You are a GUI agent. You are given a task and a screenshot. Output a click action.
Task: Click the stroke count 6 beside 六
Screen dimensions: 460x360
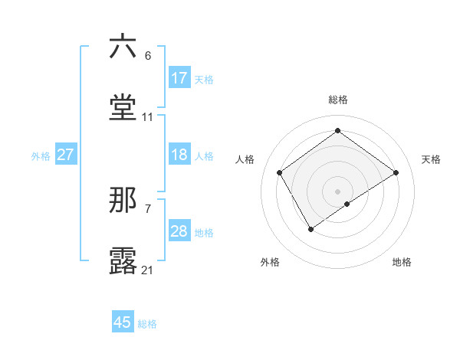pos(148,56)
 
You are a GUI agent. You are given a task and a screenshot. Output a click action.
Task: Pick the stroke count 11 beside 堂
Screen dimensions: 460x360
pos(148,117)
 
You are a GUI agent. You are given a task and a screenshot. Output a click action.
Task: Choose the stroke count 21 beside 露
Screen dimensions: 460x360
pos(148,270)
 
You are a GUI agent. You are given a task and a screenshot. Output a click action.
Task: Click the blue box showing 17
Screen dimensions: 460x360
pos(179,78)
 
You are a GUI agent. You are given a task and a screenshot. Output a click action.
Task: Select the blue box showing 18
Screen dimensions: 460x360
pos(179,155)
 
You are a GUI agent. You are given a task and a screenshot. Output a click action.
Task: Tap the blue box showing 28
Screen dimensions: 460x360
pos(179,231)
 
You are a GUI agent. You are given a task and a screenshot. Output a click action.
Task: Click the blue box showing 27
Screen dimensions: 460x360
pos(66,155)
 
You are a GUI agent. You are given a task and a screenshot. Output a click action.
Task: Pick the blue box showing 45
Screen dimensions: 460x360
pos(123,322)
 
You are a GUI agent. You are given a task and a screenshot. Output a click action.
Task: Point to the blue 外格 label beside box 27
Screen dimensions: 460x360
pos(41,156)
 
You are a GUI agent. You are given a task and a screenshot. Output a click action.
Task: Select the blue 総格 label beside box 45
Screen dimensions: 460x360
pos(147,324)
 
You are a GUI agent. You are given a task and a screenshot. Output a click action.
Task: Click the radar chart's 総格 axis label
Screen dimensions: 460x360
pos(338,100)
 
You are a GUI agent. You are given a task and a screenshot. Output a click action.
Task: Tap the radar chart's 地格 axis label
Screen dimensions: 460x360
pos(402,262)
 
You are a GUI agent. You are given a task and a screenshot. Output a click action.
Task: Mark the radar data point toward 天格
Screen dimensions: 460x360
pos(396,172)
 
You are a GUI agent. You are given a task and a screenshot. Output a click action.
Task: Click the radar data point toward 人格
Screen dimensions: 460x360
pos(280,172)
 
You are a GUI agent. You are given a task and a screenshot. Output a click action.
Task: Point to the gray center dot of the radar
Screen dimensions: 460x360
pos(338,191)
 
